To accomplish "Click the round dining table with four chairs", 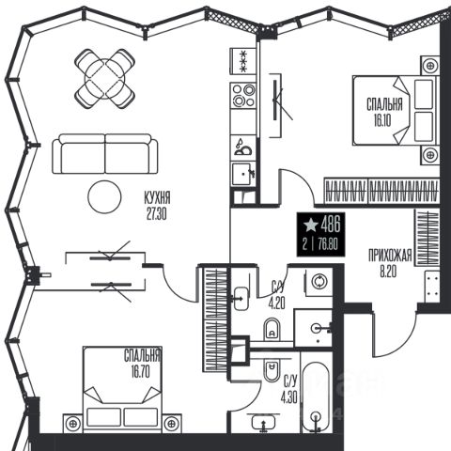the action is click(105, 79).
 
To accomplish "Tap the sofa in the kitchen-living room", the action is click(105, 154).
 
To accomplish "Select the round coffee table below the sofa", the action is click(104, 196).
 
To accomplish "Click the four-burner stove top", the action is click(243, 96).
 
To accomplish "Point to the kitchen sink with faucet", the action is click(243, 175).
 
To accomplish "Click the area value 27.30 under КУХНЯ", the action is click(156, 214).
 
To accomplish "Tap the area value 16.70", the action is click(141, 372).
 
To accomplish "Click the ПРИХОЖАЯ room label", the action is click(390, 255).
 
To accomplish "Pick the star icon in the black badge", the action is click(311, 225).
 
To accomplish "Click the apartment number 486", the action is click(331, 225).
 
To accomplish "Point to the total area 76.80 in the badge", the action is click(328, 244).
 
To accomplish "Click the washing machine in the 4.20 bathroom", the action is click(319, 281).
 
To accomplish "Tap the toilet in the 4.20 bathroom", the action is click(272, 329).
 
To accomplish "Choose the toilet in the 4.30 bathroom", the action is click(272, 370).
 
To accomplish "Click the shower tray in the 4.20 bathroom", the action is click(313, 328).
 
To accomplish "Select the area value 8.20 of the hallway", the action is click(388, 272).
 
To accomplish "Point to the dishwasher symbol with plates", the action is click(243, 148).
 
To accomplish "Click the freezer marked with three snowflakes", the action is click(243, 61).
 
